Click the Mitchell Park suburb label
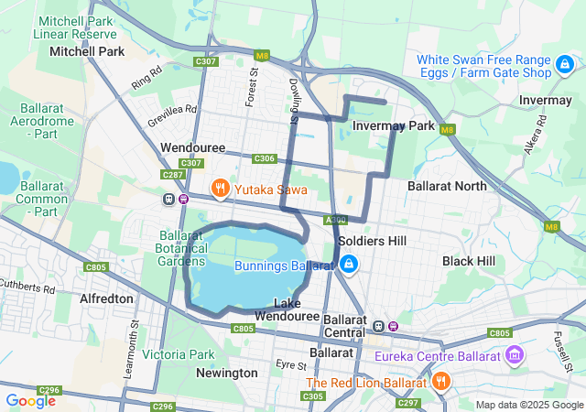tap(87, 52)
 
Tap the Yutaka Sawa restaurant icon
tap(220, 190)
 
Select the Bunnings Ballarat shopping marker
tap(348, 266)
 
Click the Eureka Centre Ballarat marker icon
tap(514, 354)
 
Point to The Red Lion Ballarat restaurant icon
tap(440, 382)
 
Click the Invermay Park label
tap(393, 125)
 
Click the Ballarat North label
tap(447, 186)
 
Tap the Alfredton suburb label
tap(108, 298)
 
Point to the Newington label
tap(227, 373)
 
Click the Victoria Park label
tap(179, 354)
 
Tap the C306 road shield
tap(265, 158)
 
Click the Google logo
tap(30, 400)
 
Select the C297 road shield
tap(408, 403)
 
